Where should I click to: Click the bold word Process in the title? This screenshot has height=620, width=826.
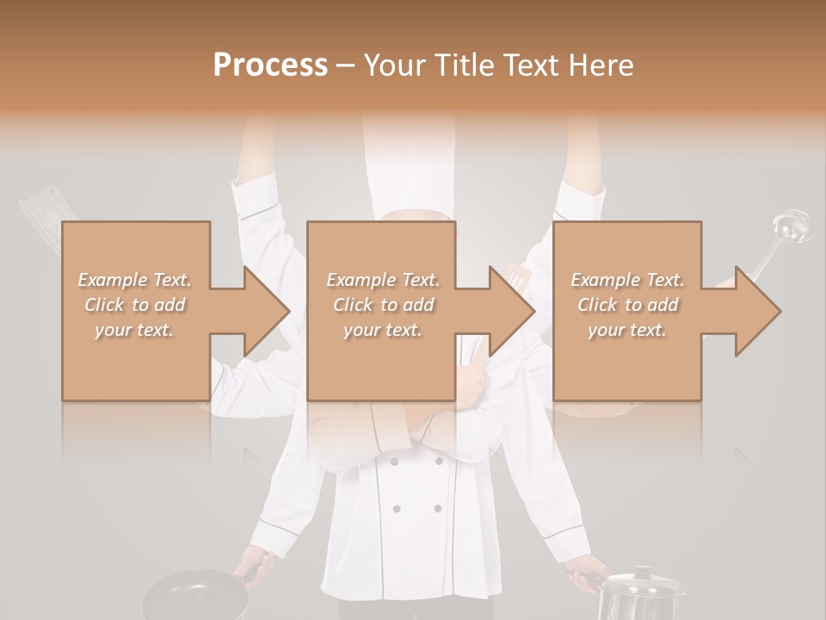pyautogui.click(x=270, y=65)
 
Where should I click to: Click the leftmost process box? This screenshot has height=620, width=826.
pyautogui.click(x=136, y=311)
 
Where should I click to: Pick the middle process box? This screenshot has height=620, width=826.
pyautogui.click(x=381, y=311)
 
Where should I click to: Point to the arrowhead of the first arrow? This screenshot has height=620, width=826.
pyautogui.click(x=268, y=311)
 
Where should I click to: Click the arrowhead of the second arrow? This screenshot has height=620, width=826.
pyautogui.click(x=513, y=311)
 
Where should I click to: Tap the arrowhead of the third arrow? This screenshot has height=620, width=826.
pyautogui.click(x=759, y=311)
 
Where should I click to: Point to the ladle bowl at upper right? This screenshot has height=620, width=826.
pyautogui.click(x=791, y=226)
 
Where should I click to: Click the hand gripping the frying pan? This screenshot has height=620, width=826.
pyautogui.click(x=256, y=566)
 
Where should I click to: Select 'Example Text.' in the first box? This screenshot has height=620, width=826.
pyautogui.click(x=134, y=280)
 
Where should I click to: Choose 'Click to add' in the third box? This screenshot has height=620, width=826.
pyautogui.click(x=627, y=305)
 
